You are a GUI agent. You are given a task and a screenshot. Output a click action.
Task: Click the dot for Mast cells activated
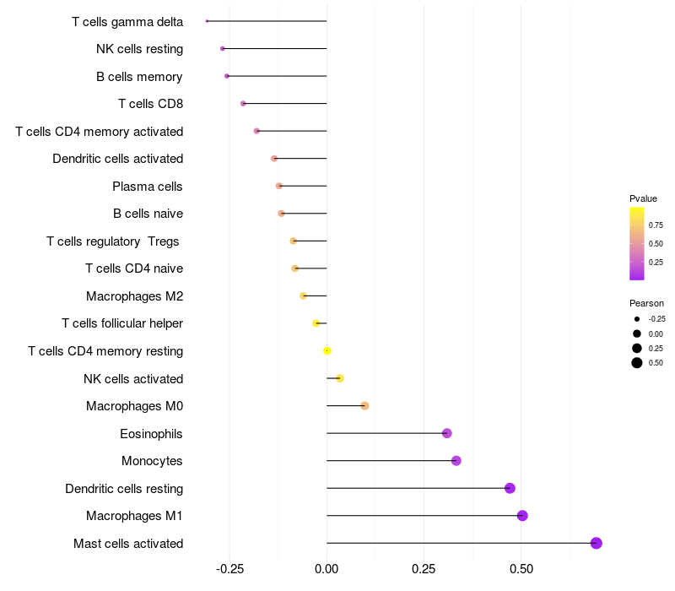click(x=597, y=543)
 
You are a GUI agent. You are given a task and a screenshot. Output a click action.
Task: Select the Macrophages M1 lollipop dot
click(x=522, y=516)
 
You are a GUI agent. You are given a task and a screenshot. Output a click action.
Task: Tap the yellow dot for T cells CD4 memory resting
click(x=327, y=351)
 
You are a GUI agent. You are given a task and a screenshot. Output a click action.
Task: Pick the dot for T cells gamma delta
click(x=207, y=21)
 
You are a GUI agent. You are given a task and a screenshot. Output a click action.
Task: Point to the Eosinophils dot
click(x=447, y=433)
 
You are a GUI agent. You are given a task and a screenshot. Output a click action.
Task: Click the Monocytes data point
click(x=456, y=461)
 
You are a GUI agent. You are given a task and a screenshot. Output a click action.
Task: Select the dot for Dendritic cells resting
click(x=510, y=488)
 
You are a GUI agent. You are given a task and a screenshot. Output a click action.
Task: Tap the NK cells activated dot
click(x=340, y=378)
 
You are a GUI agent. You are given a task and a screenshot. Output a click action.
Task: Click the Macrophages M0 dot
click(x=364, y=406)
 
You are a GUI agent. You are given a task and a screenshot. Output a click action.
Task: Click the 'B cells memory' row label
click(x=139, y=77)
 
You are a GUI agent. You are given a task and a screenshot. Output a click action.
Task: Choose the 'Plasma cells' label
click(x=148, y=187)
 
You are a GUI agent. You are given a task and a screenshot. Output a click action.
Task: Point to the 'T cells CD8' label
click(x=150, y=104)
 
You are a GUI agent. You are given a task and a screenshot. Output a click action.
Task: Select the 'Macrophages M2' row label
click(x=134, y=296)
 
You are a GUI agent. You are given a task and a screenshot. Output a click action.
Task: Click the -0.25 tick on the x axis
click(x=229, y=569)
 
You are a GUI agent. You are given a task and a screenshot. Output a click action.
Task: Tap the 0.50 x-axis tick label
click(x=521, y=569)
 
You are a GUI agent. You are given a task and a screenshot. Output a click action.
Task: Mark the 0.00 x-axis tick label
click(x=327, y=569)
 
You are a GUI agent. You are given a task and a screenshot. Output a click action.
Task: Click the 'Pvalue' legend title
click(x=643, y=198)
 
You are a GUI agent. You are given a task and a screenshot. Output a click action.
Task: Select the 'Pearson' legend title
click(x=646, y=303)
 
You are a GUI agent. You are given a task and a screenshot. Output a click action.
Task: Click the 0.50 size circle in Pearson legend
click(x=637, y=363)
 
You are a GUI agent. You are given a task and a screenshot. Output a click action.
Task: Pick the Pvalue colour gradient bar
click(x=637, y=243)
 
